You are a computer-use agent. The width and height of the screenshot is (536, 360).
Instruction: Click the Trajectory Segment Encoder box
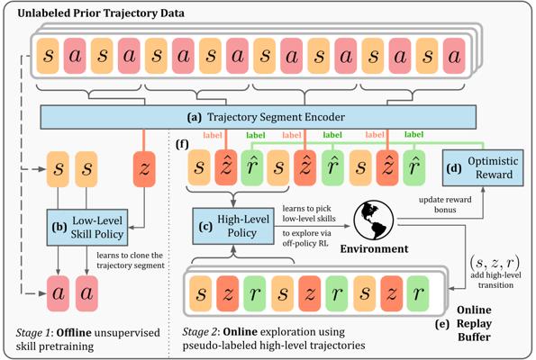pyautogui.click(x=258, y=117)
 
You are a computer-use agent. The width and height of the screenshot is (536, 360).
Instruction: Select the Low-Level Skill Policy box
pyautogui.click(x=87, y=228)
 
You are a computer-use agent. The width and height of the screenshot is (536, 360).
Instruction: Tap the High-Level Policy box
pyautogui.click(x=233, y=226)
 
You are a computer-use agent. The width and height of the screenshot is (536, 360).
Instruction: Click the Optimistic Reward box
pyautogui.click(x=483, y=167)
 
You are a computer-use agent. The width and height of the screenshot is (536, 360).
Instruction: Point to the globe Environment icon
pyautogui.click(x=374, y=220)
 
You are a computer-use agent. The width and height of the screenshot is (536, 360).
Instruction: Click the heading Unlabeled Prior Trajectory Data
pyautogui.click(x=101, y=13)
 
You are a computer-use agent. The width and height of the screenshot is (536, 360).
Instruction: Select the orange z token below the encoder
pyautogui.click(x=144, y=169)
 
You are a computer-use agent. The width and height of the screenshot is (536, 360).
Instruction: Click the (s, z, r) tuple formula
pyautogui.click(x=495, y=263)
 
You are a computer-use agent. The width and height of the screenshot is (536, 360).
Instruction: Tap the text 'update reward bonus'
pyautogui.click(x=445, y=204)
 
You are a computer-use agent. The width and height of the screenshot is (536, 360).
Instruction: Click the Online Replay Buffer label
pyautogui.click(x=474, y=323)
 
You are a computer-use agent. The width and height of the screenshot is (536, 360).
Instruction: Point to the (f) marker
pyautogui.click(x=182, y=145)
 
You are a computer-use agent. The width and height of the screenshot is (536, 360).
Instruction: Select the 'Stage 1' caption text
pyautogui.click(x=88, y=339)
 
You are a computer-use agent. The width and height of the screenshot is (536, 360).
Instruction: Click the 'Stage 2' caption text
pyautogui.click(x=274, y=338)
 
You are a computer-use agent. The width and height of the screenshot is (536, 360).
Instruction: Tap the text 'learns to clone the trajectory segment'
pyautogui.click(x=131, y=260)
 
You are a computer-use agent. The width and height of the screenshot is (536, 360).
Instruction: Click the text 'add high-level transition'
pyautogui.click(x=495, y=280)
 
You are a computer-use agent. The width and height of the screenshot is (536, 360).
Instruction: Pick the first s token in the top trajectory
pyautogui.click(x=48, y=56)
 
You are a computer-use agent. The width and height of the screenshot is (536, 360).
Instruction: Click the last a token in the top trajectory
pyautogui.click(x=454, y=56)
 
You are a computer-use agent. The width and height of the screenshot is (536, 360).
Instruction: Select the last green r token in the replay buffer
pyautogui.click(x=418, y=293)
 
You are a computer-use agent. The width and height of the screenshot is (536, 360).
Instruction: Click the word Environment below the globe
pyautogui.click(x=374, y=248)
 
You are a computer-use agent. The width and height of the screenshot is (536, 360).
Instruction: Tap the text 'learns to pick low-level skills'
pyautogui.click(x=309, y=213)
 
